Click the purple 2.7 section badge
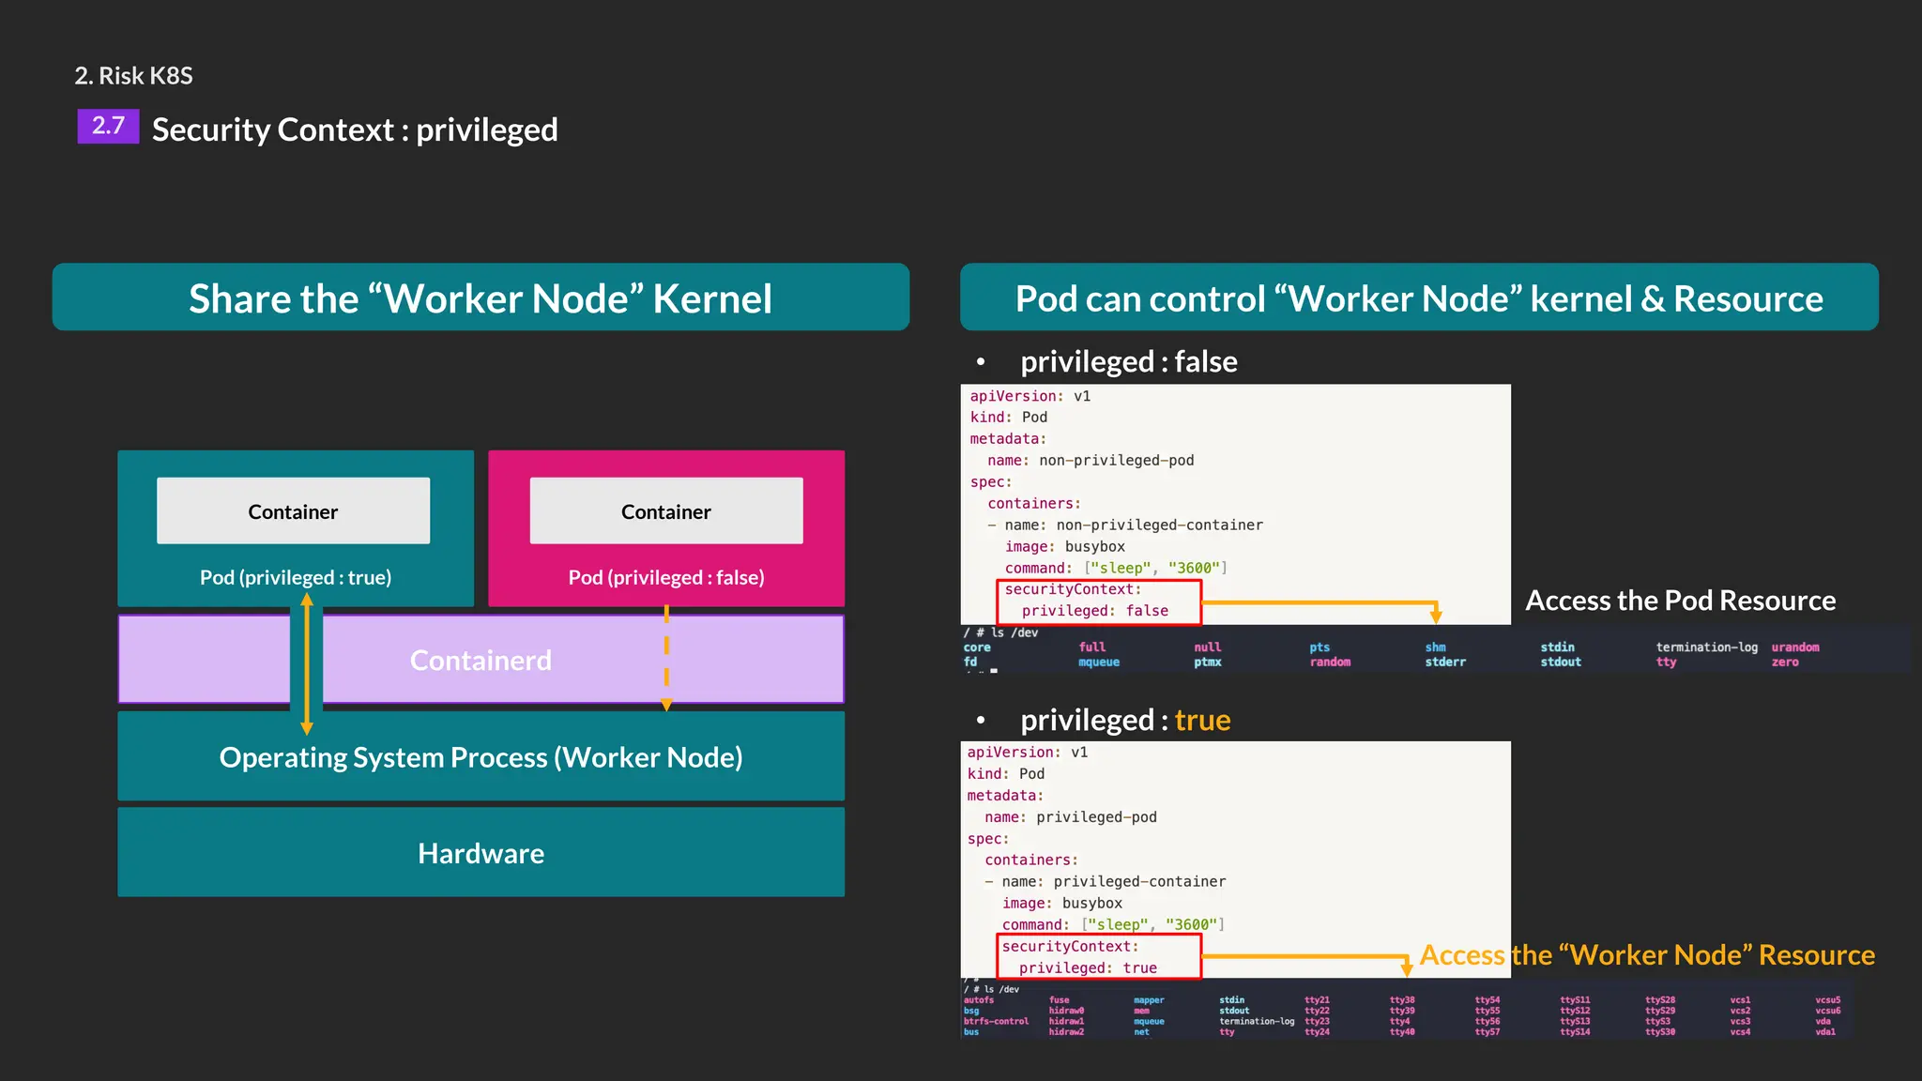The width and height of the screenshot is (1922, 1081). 108,126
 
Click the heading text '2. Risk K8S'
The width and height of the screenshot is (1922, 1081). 133,76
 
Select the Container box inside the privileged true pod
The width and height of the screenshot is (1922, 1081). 293,511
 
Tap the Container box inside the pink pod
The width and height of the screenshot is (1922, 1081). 666,511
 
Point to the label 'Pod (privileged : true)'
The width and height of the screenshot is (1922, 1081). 296,577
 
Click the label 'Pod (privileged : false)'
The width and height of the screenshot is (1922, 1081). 666,577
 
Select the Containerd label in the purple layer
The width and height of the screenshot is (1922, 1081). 480,661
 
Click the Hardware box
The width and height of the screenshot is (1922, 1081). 480,853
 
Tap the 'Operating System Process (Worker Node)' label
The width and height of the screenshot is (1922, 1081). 480,757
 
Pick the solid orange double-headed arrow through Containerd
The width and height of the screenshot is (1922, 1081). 307,663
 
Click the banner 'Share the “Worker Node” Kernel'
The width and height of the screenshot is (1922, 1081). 480,298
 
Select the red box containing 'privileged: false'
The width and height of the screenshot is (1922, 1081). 1099,601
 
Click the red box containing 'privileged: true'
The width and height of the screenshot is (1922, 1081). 1099,957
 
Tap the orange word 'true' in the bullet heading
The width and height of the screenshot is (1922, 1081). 1202,720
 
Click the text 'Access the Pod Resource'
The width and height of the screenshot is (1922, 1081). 1680,601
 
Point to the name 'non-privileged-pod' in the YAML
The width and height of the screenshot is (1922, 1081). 1116,461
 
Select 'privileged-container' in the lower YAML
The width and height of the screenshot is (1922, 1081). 1139,882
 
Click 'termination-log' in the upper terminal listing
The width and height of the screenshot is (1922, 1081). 1706,647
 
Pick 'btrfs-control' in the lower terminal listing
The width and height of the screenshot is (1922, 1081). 996,1022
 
